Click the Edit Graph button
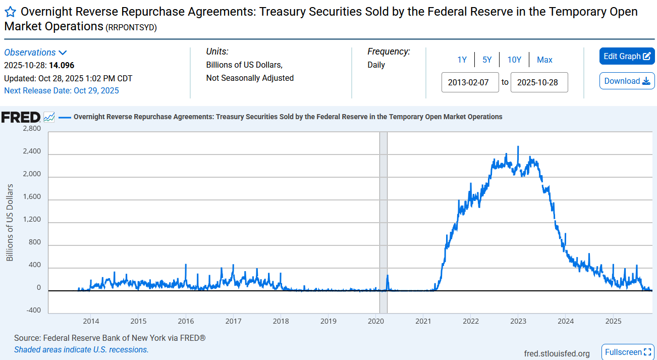[x=627, y=56]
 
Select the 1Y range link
[x=462, y=60]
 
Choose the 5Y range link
[x=487, y=60]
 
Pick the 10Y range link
[x=514, y=60]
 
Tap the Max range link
[x=544, y=60]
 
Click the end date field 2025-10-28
[x=539, y=82]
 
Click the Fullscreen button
[x=628, y=352]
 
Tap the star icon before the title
[x=10, y=13]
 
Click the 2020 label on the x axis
[x=376, y=321]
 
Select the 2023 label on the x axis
[x=518, y=321]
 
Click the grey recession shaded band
[x=384, y=222]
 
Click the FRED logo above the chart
[x=21, y=117]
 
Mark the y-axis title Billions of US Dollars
[x=10, y=222]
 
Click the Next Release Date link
[x=62, y=91]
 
